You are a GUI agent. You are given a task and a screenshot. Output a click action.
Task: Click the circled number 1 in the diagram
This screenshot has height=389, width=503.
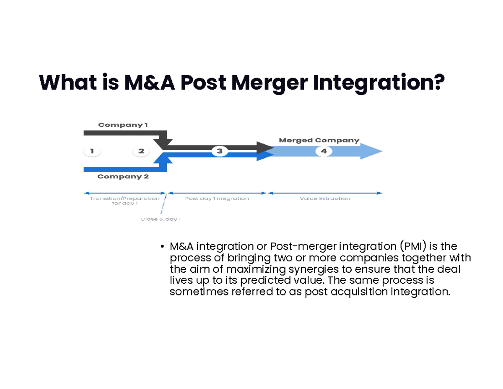tap(92, 151)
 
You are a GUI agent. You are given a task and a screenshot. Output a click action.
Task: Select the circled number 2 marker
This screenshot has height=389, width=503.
tap(141, 151)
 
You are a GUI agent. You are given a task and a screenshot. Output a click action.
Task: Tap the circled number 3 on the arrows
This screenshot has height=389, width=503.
tap(219, 151)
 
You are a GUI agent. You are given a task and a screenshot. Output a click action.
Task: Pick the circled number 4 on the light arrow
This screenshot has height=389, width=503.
tap(324, 151)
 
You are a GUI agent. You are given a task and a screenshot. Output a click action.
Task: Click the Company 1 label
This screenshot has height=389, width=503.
tap(123, 125)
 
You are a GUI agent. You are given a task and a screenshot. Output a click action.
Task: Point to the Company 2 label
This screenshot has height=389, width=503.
tap(123, 177)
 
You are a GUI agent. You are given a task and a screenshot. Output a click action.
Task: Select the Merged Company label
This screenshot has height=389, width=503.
tap(319, 140)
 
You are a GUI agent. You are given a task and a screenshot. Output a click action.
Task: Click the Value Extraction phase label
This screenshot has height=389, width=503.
tap(325, 198)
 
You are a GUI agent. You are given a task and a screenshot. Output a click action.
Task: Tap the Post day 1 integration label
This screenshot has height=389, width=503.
tap(217, 198)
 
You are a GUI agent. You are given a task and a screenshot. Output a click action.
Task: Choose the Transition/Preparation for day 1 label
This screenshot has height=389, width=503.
tap(125, 201)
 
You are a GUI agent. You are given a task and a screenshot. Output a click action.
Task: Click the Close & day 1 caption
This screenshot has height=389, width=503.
tap(161, 219)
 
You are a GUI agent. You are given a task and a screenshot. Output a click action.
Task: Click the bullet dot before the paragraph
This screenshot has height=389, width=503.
tap(162, 247)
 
